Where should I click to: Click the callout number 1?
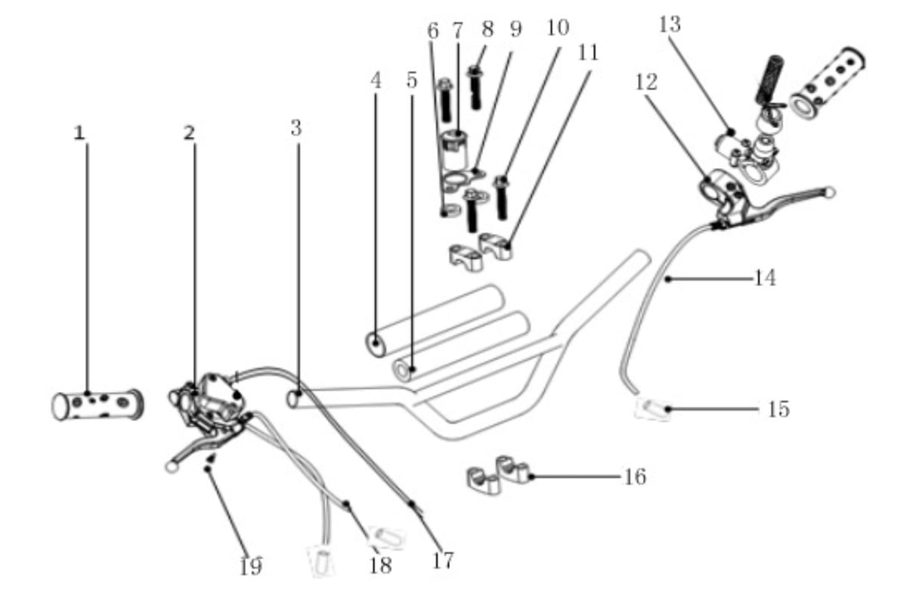click(80, 133)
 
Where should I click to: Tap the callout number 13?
click(670, 24)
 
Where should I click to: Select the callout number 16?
click(636, 477)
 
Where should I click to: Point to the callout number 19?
click(251, 567)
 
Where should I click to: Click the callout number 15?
click(779, 409)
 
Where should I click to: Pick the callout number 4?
click(376, 80)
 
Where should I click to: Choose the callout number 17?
click(443, 560)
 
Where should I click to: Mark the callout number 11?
click(588, 53)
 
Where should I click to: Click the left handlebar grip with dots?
click(98, 405)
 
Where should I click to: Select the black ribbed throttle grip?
click(769, 79)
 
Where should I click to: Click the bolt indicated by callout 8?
click(475, 88)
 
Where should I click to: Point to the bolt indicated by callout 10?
click(501, 197)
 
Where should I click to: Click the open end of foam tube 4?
click(376, 344)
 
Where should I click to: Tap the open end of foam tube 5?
click(402, 371)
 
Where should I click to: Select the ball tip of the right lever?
click(829, 192)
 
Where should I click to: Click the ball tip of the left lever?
click(172, 467)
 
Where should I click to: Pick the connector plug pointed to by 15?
click(652, 408)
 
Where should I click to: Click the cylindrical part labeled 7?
click(454, 151)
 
